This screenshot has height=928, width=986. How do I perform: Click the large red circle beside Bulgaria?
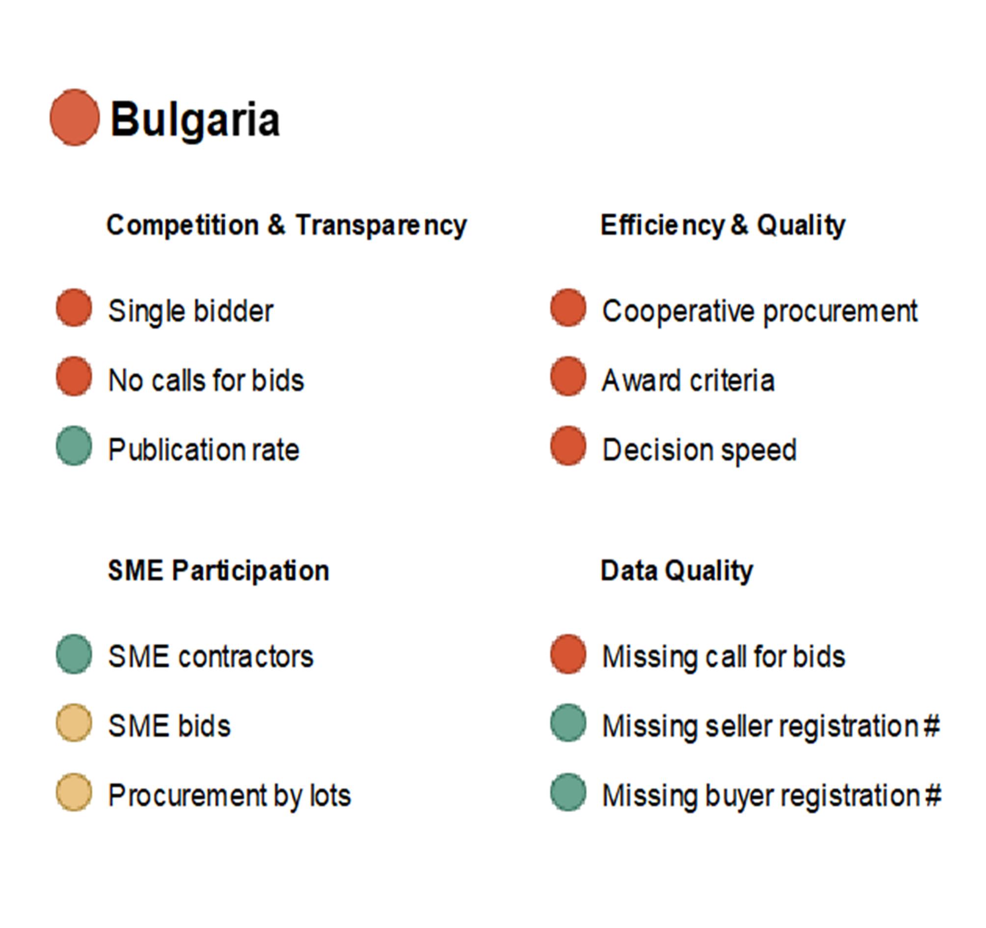click(x=75, y=118)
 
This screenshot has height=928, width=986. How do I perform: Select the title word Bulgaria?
click(x=195, y=120)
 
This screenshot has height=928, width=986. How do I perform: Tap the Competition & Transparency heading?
click(x=287, y=226)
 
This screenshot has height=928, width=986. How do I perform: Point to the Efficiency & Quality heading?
click(x=722, y=226)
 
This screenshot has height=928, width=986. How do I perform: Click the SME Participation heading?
click(x=218, y=570)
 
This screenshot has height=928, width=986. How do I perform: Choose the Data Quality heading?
click(x=676, y=571)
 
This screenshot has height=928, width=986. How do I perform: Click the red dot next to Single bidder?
click(x=74, y=308)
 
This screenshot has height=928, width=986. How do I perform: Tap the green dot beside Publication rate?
click(x=74, y=446)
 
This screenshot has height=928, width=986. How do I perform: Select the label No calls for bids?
click(x=206, y=380)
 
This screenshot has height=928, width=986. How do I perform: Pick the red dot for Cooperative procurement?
click(x=568, y=308)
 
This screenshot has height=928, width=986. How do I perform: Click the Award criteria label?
click(x=688, y=380)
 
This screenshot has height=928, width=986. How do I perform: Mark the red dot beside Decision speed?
click(x=568, y=446)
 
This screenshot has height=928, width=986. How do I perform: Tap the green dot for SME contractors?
click(x=74, y=654)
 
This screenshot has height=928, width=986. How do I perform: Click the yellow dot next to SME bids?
click(x=74, y=723)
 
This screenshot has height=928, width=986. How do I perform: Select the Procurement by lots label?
click(x=230, y=795)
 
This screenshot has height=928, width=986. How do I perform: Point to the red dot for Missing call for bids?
click(x=568, y=654)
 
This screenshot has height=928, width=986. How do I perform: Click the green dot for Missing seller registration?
click(x=568, y=723)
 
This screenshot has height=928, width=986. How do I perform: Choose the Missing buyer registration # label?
click(x=771, y=795)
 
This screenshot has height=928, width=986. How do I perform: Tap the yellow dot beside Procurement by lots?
click(x=74, y=792)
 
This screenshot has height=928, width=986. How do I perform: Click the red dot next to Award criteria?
click(x=568, y=376)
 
